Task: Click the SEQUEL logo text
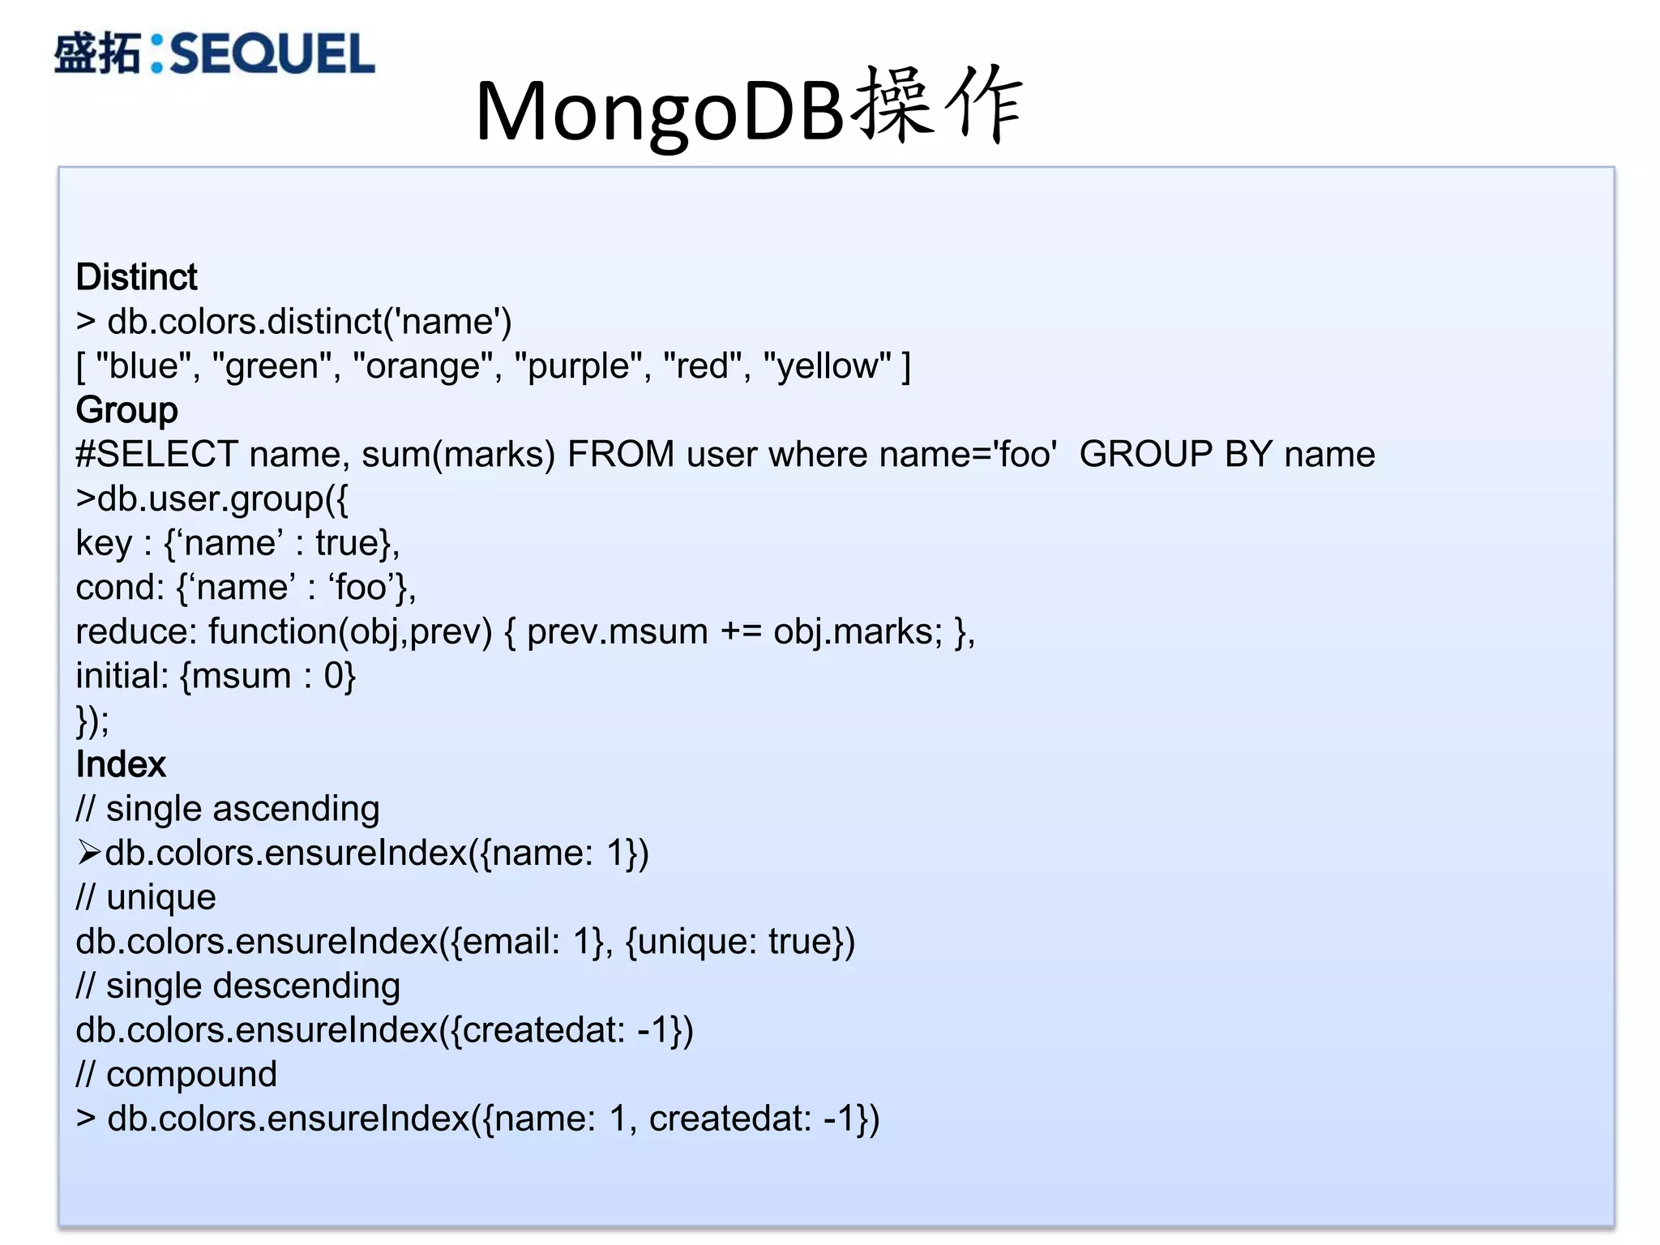click(272, 53)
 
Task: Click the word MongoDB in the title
click(661, 112)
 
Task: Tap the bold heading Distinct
click(136, 277)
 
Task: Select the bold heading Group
click(126, 410)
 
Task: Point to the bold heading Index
click(121, 764)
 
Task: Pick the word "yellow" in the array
click(827, 366)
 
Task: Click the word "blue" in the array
click(143, 366)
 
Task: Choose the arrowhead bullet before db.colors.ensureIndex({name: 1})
click(88, 853)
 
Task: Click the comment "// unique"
click(146, 897)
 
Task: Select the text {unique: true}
click(740, 942)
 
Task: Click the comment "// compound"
click(177, 1075)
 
